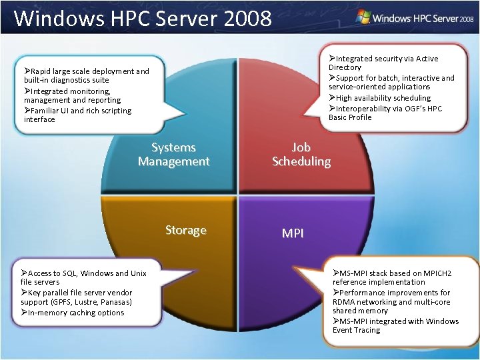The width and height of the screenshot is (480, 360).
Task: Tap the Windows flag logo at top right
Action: pos(364,17)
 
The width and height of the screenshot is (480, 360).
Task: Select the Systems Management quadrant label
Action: pos(173,154)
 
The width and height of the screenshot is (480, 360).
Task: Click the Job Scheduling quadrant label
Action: pos(301,154)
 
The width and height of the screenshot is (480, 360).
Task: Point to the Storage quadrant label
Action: pos(185,231)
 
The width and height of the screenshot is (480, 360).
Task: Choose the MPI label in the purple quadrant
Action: pos(293,233)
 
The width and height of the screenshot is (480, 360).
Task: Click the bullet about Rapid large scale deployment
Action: pos(87,75)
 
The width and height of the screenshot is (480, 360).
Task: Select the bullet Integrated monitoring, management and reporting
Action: pos(73,95)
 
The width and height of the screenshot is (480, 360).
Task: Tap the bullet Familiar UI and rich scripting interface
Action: pos(77,115)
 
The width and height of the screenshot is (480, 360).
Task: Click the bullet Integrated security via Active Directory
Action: pos(383,63)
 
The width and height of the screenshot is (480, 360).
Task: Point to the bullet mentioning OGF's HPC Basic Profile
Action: pos(385,113)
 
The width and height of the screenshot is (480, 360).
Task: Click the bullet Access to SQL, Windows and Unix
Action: pos(83,277)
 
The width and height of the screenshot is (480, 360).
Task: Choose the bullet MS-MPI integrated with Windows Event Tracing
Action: pos(396,325)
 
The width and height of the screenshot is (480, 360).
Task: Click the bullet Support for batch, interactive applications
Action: pos(391,82)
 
